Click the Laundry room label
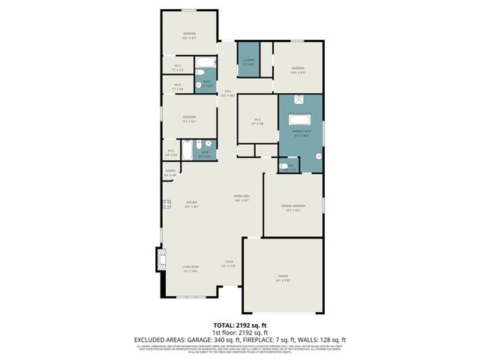248,61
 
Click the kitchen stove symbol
166,204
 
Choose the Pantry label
170,172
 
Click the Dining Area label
241,198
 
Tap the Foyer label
228,264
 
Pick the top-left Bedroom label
189,35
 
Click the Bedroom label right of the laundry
298,70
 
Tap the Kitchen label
191,204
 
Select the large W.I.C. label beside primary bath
256,121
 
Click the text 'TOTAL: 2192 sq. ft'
239,324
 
